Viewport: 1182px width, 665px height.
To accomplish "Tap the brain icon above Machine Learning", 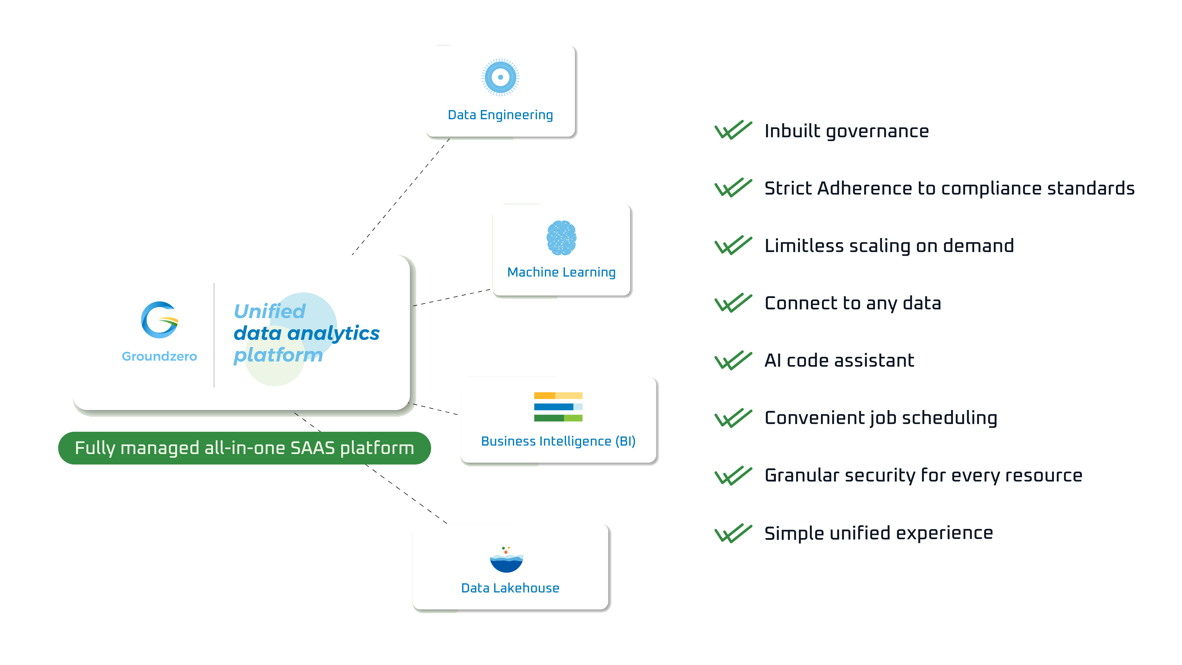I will (561, 238).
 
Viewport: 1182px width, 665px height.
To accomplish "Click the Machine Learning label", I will (561, 272).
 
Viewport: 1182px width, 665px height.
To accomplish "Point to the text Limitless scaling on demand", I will (889, 246).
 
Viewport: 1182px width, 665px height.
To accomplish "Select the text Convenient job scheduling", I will (880, 418).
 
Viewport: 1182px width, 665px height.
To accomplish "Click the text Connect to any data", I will (853, 303).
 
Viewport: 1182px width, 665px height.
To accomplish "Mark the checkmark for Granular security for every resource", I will (733, 475).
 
